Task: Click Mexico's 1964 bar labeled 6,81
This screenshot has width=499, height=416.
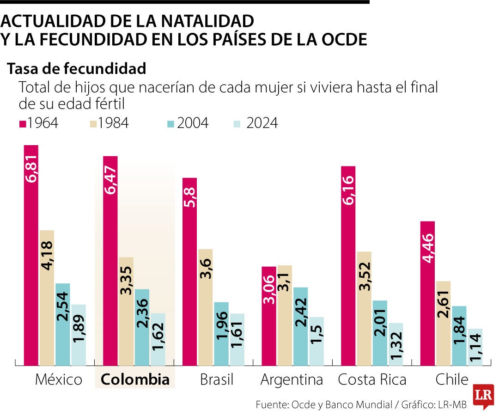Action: (31, 254)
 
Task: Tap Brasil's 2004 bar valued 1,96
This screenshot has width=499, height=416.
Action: (221, 333)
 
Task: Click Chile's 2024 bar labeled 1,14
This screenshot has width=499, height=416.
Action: (475, 347)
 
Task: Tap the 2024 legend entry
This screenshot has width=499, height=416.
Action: (255, 123)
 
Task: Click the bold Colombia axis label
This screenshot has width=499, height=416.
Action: (135, 380)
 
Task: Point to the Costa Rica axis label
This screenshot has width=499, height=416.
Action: (372, 380)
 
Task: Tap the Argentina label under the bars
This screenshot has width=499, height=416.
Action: (292, 380)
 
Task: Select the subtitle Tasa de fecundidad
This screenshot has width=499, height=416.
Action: (77, 69)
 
